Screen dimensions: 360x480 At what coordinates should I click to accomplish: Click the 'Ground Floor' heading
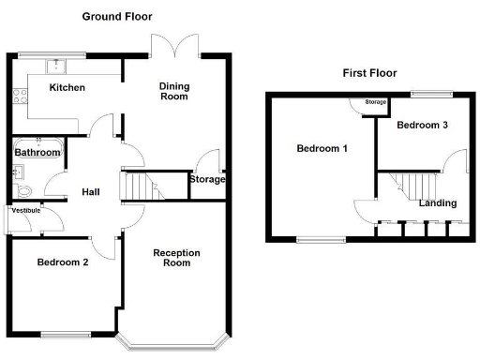pos(117,17)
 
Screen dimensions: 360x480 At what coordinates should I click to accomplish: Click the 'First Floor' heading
pos(370,73)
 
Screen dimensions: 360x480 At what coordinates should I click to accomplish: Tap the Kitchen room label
pos(67,88)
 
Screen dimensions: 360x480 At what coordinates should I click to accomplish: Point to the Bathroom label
pos(37,152)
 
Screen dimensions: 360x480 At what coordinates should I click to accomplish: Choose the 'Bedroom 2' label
pos(63,262)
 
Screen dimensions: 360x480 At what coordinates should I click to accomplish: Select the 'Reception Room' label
pos(172,257)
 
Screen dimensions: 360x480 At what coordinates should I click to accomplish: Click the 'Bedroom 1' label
pos(322,149)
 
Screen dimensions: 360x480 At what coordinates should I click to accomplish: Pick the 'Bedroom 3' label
pos(421,125)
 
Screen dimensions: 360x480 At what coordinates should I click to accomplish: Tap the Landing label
pos(438,202)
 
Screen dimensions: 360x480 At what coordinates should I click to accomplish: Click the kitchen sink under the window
pos(57,66)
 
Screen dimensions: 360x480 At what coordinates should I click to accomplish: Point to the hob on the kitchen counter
pos(18,95)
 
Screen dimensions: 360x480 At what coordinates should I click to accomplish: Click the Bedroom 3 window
pos(431,93)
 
